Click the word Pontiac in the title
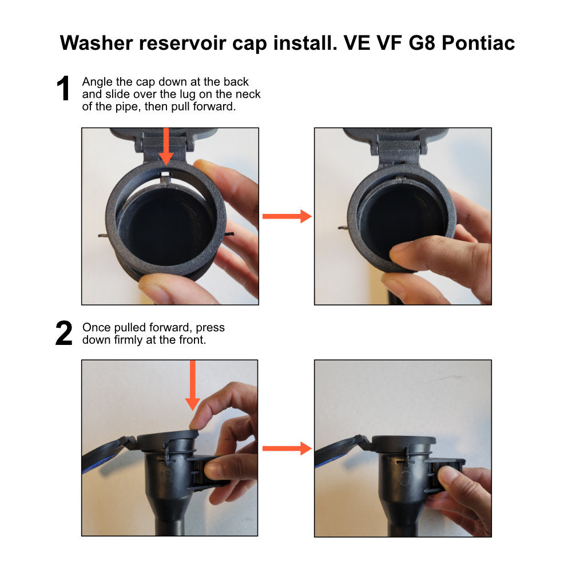(x=478, y=43)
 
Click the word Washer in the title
(x=96, y=43)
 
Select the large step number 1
(x=63, y=88)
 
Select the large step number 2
(x=64, y=333)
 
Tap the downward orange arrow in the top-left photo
(x=166, y=146)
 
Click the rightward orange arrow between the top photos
(x=287, y=216)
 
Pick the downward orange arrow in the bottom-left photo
(x=193, y=385)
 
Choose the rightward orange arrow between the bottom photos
(x=287, y=448)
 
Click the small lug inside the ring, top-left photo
(x=166, y=178)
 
